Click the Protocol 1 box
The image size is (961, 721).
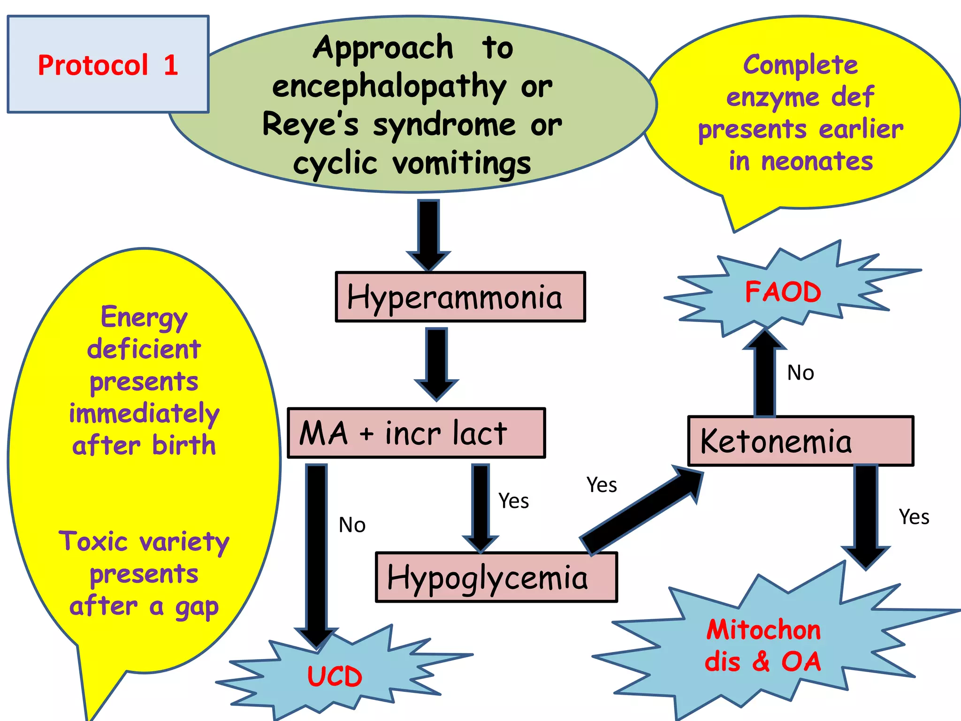[x=108, y=64]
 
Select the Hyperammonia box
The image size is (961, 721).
[x=460, y=297]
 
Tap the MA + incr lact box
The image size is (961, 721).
[x=416, y=433]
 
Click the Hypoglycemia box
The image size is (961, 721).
[x=496, y=577]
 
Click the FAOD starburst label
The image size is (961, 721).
[x=783, y=292]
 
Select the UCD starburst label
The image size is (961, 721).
[x=335, y=676]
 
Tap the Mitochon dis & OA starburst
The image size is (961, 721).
[x=763, y=645]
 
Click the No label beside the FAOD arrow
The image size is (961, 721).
[x=801, y=373]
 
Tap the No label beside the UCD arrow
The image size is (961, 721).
[x=352, y=525]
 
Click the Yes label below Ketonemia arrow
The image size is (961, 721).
[x=914, y=517]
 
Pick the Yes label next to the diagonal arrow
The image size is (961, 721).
[x=602, y=485]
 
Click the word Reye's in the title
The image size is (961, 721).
[x=310, y=125]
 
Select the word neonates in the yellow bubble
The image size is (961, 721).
[x=817, y=161]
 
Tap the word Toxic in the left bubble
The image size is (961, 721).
[x=93, y=542]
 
